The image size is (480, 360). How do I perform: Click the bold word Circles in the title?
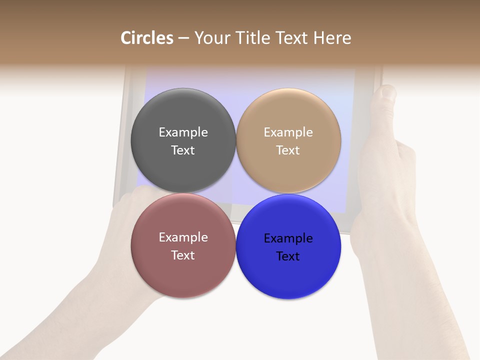coord(147,38)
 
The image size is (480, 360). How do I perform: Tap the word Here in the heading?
coord(332,38)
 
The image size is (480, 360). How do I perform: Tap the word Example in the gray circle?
coord(183,132)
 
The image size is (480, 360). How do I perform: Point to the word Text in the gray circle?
coord(183,150)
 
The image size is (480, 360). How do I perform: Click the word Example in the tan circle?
coord(288,132)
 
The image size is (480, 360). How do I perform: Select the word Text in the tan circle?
coord(288,150)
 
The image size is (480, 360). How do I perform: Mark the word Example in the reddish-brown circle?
coord(183,237)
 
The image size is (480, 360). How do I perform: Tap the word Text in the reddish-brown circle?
coord(183,255)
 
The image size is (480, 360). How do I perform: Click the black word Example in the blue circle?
coord(288,238)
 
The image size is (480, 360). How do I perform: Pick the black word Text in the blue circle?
coord(288,256)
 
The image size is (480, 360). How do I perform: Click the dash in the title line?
coord(183,38)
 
